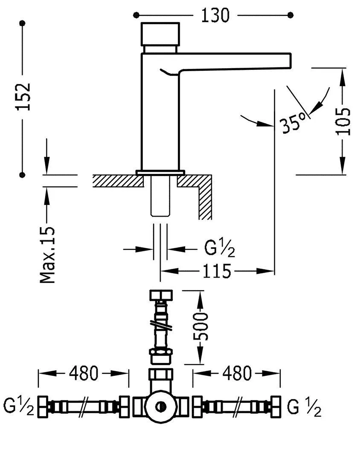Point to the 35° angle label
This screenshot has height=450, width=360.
293,124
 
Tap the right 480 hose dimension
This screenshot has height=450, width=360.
237,374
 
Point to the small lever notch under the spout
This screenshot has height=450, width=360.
168,73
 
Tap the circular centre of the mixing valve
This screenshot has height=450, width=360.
161,407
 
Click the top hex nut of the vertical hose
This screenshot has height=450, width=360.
160,295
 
